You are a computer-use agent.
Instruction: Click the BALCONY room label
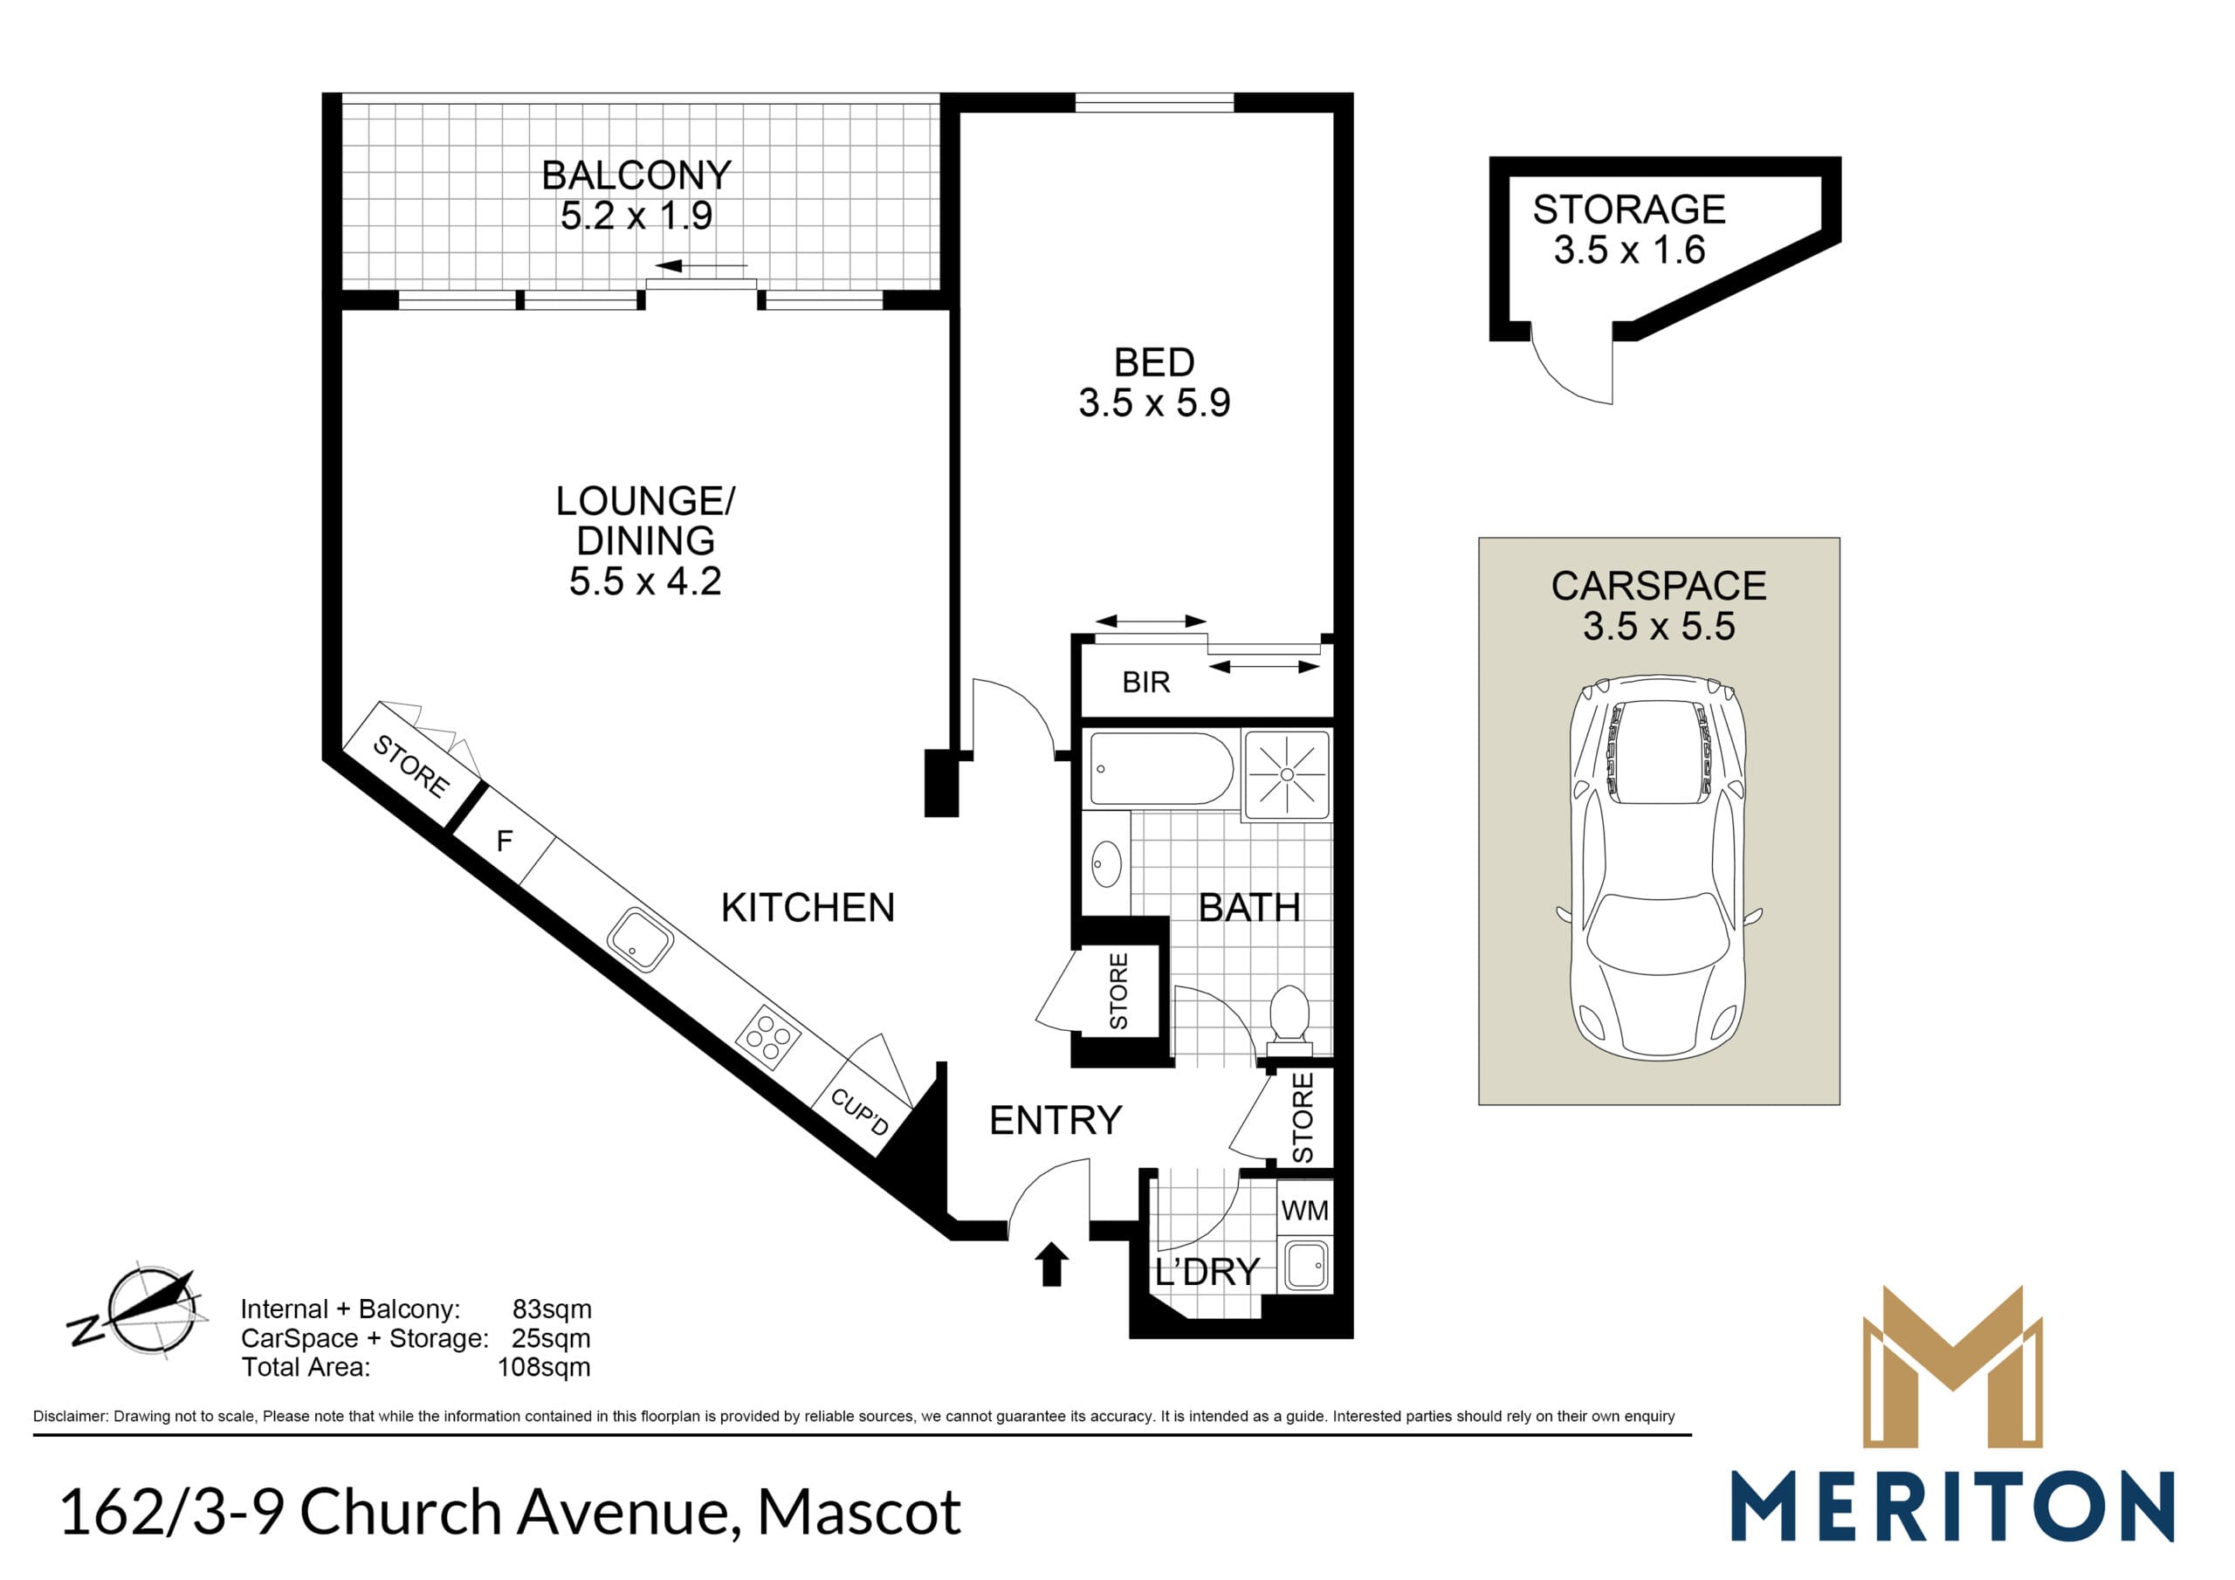pos(636,175)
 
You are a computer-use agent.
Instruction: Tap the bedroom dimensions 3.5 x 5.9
pos(1153,402)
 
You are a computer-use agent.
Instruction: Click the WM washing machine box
pos(1304,1210)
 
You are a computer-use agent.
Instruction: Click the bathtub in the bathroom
pos(1161,768)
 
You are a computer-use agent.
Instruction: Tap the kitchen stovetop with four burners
pos(768,1036)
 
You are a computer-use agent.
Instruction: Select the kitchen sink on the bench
pos(638,940)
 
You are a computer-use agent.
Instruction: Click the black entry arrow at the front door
pos(1051,1265)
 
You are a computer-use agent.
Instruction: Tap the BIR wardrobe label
pos(1145,683)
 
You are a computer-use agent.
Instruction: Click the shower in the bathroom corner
pos(1287,774)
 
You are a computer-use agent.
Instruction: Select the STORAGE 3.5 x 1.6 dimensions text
pos(1629,251)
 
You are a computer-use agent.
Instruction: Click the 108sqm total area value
pos(543,1367)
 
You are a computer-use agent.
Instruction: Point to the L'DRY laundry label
pos(1207,1273)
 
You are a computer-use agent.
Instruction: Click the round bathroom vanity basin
pos(1107,862)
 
